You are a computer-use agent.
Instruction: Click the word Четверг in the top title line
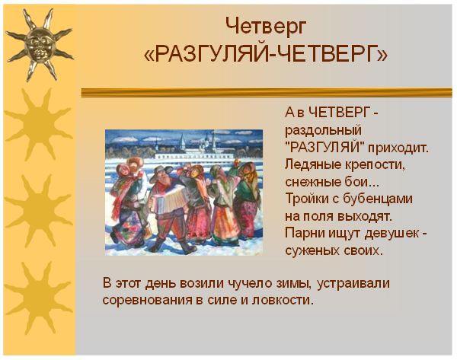[x=267, y=27]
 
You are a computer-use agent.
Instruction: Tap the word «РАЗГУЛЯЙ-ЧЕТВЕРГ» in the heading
[x=266, y=54]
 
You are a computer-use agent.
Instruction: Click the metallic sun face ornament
[x=40, y=45]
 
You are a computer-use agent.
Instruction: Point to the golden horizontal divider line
[x=267, y=93]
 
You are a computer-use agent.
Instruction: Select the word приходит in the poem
[x=398, y=148]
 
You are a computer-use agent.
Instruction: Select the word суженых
[x=312, y=250]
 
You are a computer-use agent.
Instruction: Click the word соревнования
[x=147, y=300]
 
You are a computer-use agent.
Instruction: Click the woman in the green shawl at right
[x=247, y=198]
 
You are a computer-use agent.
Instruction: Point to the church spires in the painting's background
[x=198, y=142]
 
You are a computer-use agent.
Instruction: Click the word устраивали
[x=353, y=284]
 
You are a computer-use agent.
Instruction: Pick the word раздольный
[x=323, y=131]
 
